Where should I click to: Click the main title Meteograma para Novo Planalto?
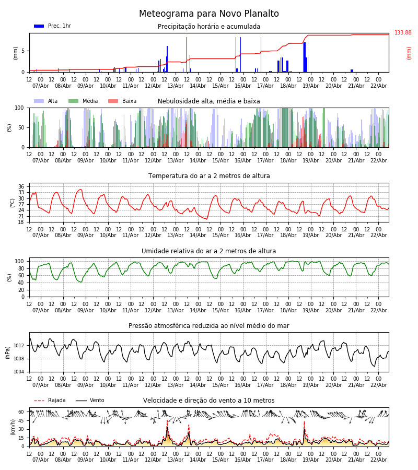pos(209,14)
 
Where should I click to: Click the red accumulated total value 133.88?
pos(403,33)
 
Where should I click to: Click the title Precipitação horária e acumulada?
pos(209,27)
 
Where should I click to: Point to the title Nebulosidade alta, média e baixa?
pos(209,101)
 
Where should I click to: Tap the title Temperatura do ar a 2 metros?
pos(209,176)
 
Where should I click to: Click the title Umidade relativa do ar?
pos(209,251)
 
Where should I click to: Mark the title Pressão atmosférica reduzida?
pos(209,326)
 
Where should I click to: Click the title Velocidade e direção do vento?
pos(209,401)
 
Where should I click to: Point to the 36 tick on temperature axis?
pos(21,186)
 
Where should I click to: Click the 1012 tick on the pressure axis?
pos(19,346)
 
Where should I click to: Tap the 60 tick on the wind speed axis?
pos(21,412)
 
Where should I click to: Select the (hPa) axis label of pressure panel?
pos(8,352)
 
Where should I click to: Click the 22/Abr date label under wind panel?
pos(378,460)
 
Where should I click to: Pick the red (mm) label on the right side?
pos(409,53)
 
